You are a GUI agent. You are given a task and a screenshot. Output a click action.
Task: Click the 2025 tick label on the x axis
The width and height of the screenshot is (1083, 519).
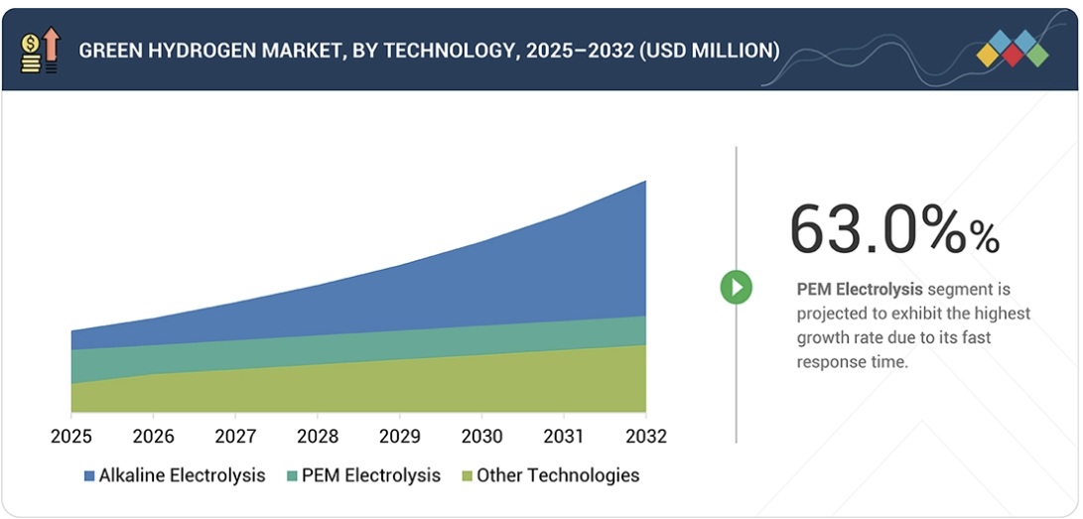pyautogui.click(x=70, y=437)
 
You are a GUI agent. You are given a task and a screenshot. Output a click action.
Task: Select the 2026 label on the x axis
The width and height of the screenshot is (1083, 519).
pyautogui.click(x=153, y=437)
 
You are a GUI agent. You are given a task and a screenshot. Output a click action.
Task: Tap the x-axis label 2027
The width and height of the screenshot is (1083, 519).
pyautogui.click(x=235, y=437)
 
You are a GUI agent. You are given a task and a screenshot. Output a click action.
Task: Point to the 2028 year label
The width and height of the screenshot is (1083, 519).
pyautogui.click(x=317, y=437)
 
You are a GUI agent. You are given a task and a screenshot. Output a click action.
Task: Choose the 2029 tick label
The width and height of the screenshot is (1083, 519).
pyautogui.click(x=399, y=437)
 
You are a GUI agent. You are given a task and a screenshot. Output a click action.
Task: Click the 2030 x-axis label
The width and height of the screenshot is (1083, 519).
pyautogui.click(x=481, y=437)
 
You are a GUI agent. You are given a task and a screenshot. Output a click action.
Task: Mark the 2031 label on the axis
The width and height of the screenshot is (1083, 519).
pyautogui.click(x=564, y=437)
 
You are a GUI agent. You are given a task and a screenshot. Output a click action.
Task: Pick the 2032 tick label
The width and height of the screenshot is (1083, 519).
pyautogui.click(x=645, y=437)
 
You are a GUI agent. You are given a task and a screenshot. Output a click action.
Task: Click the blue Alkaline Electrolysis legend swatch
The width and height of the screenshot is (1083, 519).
pyautogui.click(x=89, y=476)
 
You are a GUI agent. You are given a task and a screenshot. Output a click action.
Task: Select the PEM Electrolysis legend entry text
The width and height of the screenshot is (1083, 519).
pyautogui.click(x=370, y=475)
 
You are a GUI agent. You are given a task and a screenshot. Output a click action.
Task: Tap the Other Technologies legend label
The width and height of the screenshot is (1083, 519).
pyautogui.click(x=557, y=475)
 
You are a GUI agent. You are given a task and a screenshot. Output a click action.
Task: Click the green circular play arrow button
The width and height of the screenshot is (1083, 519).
pyautogui.click(x=736, y=288)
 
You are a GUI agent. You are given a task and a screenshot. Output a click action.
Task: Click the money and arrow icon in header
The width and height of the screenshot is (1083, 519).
pyautogui.click(x=41, y=50)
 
